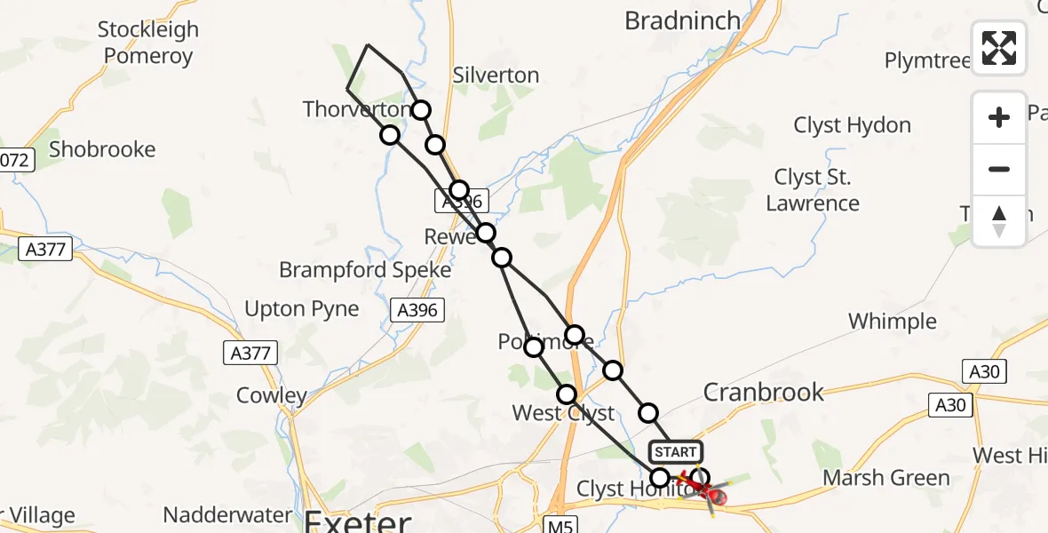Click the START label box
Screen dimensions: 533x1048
(676, 452)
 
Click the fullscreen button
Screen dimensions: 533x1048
(999, 48)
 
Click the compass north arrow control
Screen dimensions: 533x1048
(999, 221)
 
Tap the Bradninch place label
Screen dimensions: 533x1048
(682, 20)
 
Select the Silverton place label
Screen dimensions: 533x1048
(496, 76)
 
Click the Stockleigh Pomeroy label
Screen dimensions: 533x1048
(148, 43)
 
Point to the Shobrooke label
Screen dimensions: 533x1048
(102, 149)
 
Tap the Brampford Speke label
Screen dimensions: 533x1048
(365, 269)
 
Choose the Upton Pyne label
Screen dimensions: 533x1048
(302, 309)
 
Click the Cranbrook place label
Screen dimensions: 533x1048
(764, 392)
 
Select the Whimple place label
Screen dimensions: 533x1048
(892, 322)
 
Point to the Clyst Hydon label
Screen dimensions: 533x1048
(853, 125)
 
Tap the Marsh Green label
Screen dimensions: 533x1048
(885, 478)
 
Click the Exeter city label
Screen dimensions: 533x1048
(360, 520)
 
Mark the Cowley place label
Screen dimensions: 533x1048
(272, 395)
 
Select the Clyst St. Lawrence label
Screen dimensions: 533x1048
(813, 190)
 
